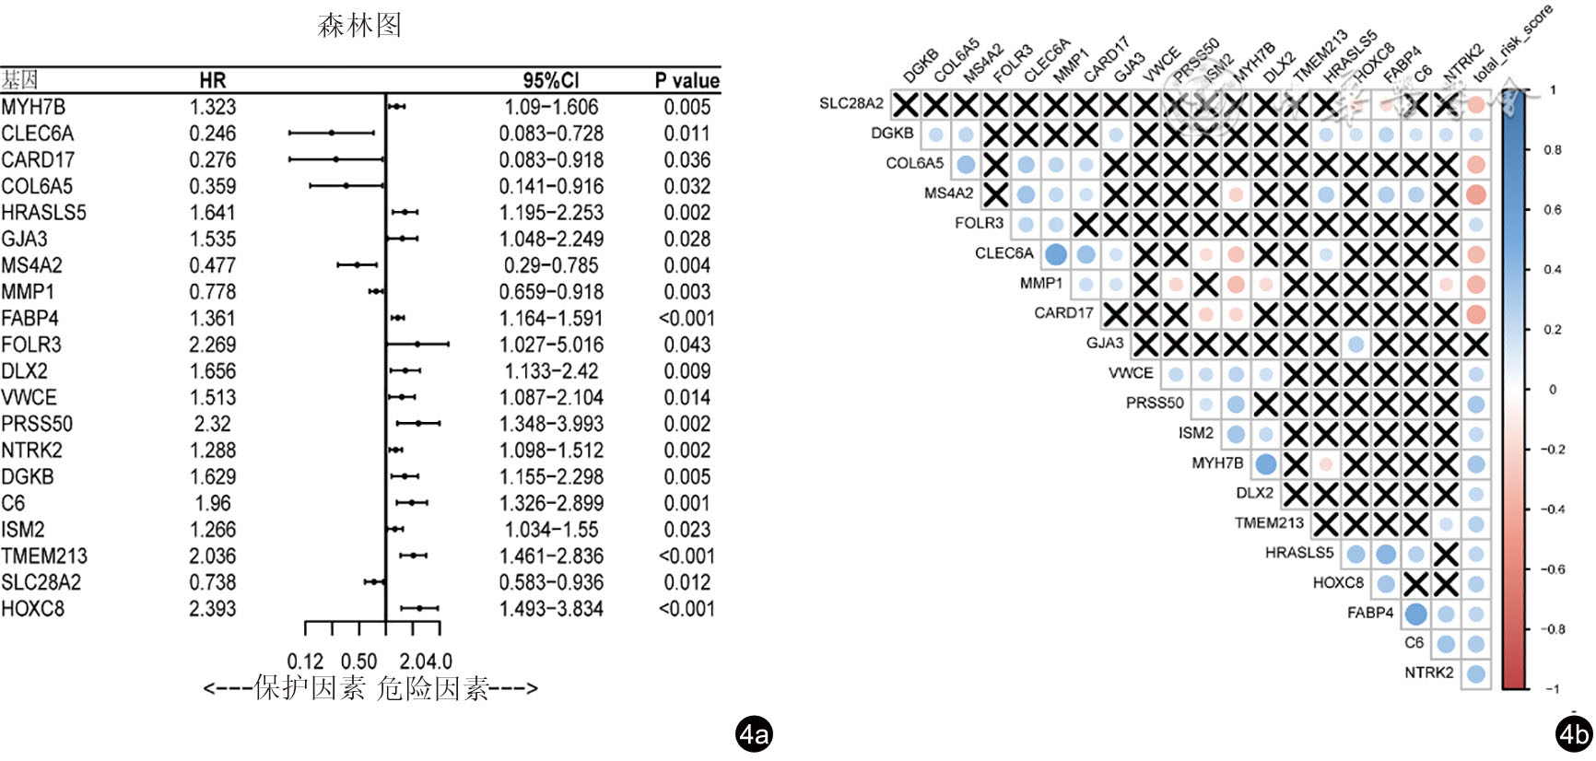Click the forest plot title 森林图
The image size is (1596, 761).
[x=359, y=25]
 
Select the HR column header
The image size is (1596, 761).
[x=212, y=80]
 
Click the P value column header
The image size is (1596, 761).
[x=687, y=80]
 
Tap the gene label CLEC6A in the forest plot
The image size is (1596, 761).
[x=37, y=134]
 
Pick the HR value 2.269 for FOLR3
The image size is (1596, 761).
[x=213, y=345]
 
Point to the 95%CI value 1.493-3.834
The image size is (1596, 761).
[x=551, y=609]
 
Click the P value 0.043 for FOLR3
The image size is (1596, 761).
[x=687, y=345]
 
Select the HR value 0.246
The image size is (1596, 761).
[x=213, y=134]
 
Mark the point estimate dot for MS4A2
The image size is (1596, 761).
[x=357, y=265]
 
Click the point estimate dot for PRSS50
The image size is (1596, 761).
[x=418, y=424]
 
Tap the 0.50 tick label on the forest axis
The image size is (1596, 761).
[x=358, y=661]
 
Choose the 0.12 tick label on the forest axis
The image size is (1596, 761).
[x=305, y=661]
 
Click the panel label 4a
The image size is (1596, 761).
[x=754, y=734]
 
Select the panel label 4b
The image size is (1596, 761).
[x=1573, y=734]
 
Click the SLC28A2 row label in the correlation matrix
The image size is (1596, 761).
[x=851, y=103]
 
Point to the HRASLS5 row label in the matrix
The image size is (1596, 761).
[x=1298, y=553]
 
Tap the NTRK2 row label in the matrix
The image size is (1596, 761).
[x=1428, y=673]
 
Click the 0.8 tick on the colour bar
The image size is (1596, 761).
[x=1553, y=149]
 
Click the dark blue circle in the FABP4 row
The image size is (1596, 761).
[x=1416, y=614]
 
